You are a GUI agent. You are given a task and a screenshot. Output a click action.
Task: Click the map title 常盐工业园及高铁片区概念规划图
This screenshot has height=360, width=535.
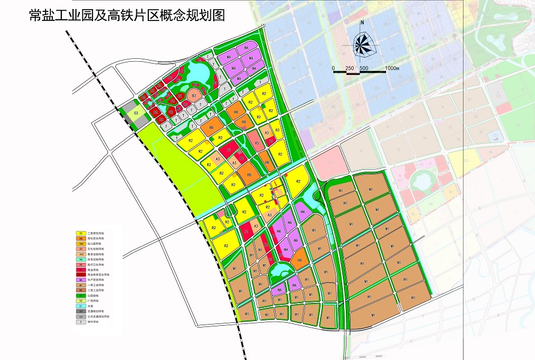coord(127,16)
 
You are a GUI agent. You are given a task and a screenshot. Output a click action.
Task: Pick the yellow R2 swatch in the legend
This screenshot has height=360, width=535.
coord(80,233)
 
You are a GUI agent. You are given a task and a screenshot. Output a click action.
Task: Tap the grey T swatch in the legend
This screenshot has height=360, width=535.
coord(80,322)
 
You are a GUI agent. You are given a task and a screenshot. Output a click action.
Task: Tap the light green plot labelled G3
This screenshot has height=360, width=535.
coord(136,113)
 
